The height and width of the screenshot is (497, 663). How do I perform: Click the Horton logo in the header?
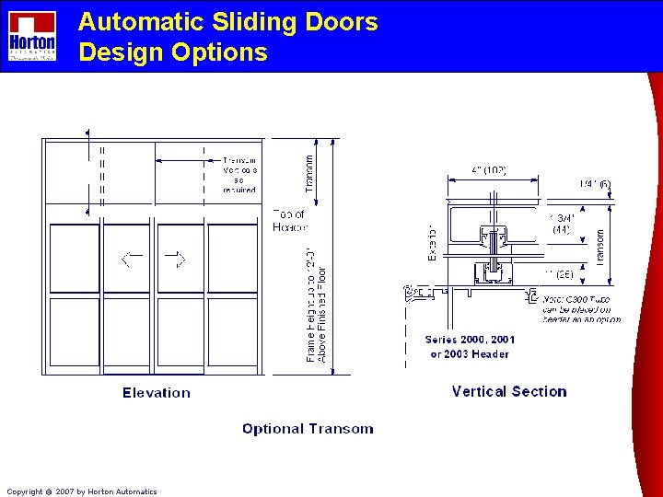[32, 36]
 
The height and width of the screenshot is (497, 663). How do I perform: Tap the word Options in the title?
[219, 52]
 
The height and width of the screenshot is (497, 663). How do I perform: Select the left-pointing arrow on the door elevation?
[133, 259]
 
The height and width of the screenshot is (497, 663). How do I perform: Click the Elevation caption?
[157, 393]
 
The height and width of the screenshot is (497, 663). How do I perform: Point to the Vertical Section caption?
[509, 391]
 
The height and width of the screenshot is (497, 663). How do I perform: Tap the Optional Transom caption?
[308, 429]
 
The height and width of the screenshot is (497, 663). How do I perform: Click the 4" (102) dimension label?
[489, 171]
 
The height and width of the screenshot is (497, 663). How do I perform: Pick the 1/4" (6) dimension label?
[595, 185]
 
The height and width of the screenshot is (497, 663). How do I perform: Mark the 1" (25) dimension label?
[560, 274]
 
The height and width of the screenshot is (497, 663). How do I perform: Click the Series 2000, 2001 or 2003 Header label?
[470, 347]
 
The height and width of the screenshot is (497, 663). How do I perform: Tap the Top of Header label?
[290, 221]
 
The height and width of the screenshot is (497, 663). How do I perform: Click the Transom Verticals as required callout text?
[239, 175]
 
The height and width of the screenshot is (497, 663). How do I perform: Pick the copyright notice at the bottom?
[82, 491]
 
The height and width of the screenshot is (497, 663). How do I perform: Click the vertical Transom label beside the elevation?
[309, 172]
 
